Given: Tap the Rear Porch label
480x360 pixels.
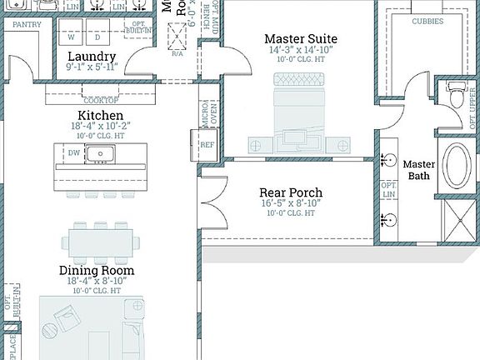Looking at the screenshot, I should pos(291,192).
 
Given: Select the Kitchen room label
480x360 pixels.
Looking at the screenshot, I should pos(100,115).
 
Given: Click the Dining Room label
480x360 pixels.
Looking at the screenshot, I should pos(96,270).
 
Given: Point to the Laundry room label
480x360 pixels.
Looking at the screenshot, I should pos(96,57).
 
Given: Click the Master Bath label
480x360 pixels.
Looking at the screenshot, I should pos(419,169).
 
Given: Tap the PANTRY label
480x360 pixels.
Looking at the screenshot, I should pos(27,25).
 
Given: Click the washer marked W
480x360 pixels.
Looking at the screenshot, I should pos(71,37).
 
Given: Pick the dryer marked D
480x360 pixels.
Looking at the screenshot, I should pos(97,37).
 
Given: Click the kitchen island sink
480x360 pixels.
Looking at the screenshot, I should pos(100,153).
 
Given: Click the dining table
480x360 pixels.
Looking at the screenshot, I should pos(100,243).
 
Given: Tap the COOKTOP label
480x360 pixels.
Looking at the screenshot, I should pos(100,100).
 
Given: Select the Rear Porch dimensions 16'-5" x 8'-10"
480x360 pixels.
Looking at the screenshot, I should pos(291,203).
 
